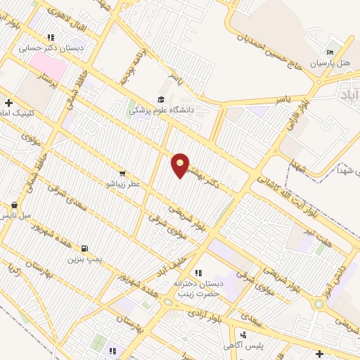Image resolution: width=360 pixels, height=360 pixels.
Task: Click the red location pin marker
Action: (181, 165)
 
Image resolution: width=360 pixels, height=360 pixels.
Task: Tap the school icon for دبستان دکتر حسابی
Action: (51, 37)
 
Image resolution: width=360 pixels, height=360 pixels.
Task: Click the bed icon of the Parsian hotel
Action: (330, 52)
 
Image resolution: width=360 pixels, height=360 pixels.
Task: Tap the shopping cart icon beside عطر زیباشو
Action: (122, 173)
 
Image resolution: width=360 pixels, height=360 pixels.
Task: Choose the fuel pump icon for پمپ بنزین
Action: (85, 248)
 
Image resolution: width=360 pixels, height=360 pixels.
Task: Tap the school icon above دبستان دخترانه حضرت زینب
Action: (198, 272)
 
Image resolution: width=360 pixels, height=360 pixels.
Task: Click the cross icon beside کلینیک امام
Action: (8, 103)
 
